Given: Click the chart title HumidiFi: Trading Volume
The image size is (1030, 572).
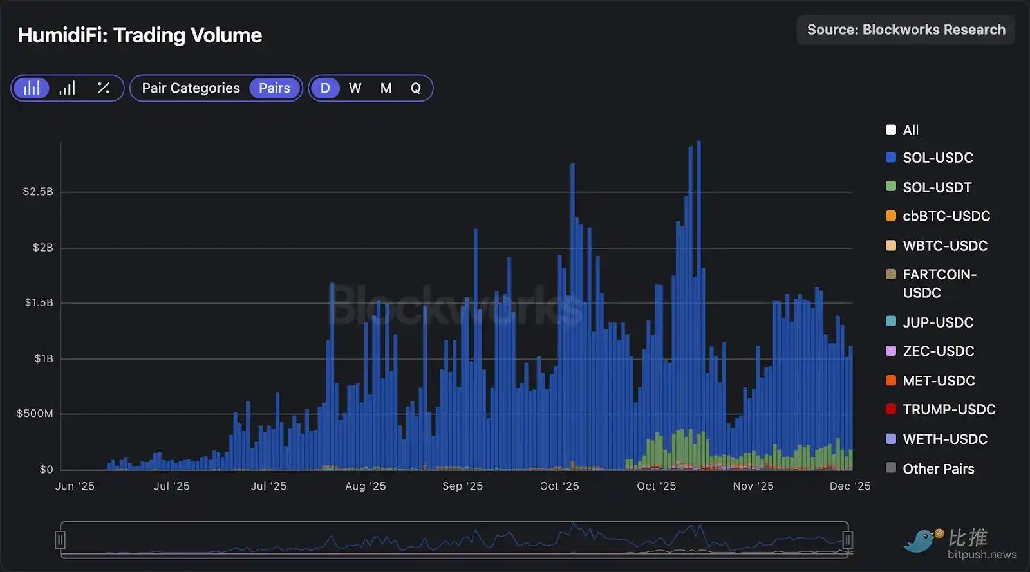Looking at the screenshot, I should [140, 35].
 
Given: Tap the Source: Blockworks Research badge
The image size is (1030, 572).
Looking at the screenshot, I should [906, 30].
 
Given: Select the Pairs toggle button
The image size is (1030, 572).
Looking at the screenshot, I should [274, 88].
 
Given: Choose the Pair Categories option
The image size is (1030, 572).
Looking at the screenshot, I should [191, 88].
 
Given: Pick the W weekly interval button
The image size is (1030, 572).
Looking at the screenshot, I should [355, 88].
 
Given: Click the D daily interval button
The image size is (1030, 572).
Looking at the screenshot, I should [325, 88].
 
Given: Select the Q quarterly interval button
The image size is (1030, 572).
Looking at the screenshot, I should [416, 88].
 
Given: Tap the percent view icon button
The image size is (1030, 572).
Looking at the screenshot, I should [103, 88].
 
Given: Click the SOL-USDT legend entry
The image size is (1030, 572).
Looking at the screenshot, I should [937, 187].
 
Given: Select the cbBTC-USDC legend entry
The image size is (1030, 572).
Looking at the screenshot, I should [946, 216].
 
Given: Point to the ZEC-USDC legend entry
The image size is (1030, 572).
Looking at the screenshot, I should [938, 351].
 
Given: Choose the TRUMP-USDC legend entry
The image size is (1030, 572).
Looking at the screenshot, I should [949, 410].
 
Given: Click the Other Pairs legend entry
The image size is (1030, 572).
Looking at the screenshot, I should [938, 469].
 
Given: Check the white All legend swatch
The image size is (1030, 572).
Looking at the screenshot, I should [891, 130].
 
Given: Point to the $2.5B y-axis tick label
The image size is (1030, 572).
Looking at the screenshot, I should [38, 192].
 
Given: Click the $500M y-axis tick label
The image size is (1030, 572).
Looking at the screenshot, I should [35, 414].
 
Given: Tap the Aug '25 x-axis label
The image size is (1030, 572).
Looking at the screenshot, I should [365, 486].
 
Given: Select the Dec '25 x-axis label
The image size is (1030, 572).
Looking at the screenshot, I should [850, 486].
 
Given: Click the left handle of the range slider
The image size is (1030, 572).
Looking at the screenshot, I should [60, 540].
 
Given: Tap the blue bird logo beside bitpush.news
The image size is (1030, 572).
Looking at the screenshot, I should [922, 540].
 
